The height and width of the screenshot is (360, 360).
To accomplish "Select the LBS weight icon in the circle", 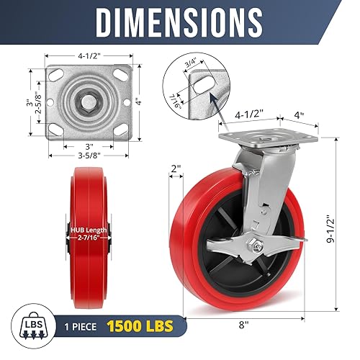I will click(30, 324).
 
